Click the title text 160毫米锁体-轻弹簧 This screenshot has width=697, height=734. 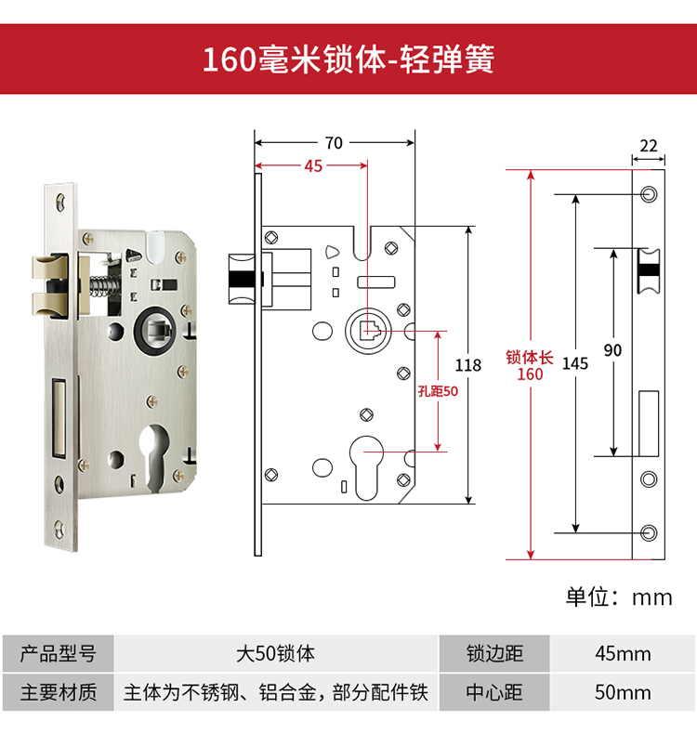tap(348, 59)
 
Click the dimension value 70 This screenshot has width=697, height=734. tap(334, 142)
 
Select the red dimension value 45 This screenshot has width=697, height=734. tap(312, 166)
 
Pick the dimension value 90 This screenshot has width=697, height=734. tap(612, 350)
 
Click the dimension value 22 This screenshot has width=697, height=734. tap(648, 146)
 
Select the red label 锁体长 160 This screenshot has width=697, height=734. tap(530, 365)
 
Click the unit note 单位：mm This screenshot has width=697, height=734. tap(619, 596)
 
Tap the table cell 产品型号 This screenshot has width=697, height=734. tap(59, 653)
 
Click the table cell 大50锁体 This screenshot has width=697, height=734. tap(275, 653)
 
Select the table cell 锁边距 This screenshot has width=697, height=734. tap(495, 653)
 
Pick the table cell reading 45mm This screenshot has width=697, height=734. tap(623, 653)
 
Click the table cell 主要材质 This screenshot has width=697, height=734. tap(59, 692)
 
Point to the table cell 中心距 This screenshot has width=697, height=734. tap(495, 692)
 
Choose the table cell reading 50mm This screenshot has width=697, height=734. tap(623, 692)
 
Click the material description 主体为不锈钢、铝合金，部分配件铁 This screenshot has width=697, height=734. tap(275, 692)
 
